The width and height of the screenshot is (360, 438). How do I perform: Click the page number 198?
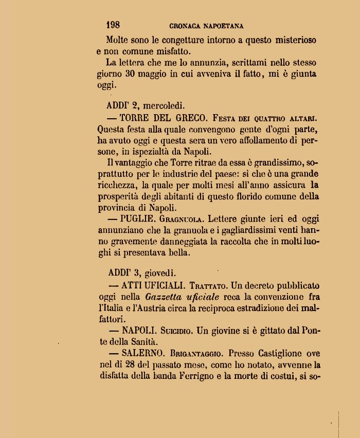coord(113,25)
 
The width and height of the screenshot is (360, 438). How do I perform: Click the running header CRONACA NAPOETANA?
coord(206,26)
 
